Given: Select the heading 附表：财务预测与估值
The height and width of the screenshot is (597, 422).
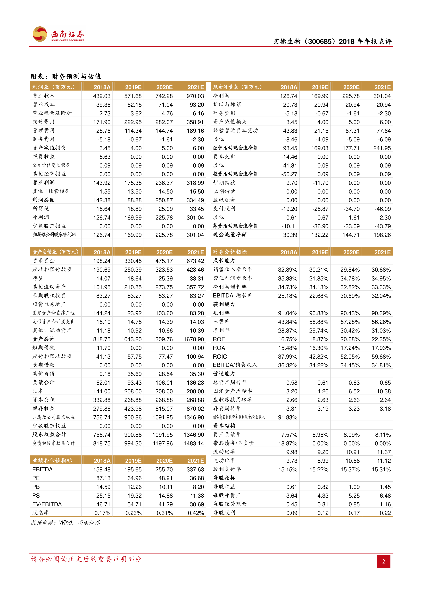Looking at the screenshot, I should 66,76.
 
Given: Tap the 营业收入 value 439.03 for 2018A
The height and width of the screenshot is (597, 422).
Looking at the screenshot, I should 102,96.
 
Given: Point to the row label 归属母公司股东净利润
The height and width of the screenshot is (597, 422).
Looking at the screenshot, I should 54,235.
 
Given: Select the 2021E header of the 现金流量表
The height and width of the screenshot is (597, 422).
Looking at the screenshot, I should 382,87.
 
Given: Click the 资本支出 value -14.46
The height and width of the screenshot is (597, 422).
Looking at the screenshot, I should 289,157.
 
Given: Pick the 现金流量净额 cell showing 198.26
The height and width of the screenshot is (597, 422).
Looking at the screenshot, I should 382,235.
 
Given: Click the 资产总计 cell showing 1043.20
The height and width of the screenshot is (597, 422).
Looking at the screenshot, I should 131,339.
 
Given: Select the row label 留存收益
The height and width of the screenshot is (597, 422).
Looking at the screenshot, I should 44,408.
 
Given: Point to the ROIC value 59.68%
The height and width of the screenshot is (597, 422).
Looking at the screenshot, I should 381,357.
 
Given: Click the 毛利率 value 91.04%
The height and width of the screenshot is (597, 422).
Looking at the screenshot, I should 287,313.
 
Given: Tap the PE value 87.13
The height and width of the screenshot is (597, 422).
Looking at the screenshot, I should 103,478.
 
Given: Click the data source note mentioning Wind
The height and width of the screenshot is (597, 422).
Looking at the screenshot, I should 65,523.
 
